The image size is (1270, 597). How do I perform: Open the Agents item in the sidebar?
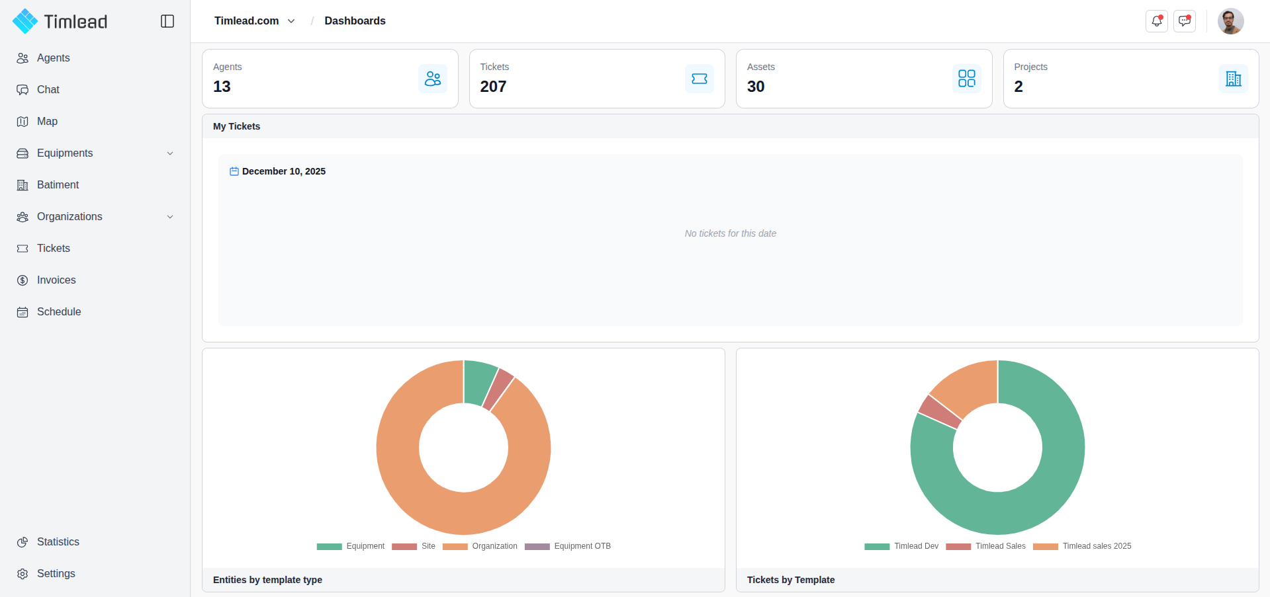pos(53,58)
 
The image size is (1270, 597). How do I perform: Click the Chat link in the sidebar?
pos(48,90)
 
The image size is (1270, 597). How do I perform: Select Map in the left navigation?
pos(47,122)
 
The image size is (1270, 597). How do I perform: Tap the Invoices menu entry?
pos(56,280)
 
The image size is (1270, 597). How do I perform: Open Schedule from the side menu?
pos(59,312)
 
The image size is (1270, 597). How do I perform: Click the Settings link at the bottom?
pos(56,574)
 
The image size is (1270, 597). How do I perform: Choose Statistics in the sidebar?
pos(58,542)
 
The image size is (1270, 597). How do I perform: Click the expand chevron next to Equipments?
pos(170,153)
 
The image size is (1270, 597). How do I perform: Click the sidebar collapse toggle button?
pos(167,21)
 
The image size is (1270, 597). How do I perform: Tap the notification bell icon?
pos(1156,21)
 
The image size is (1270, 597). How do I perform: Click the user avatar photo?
pos(1230,21)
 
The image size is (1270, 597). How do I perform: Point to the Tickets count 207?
pos(493,87)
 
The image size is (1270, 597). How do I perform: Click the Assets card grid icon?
pos(966,79)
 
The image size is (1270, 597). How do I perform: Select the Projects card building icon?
pos(1233,79)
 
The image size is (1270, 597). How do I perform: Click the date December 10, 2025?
pos(283,171)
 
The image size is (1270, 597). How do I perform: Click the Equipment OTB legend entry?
pos(582,546)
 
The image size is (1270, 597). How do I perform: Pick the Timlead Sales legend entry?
pos(1000,546)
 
